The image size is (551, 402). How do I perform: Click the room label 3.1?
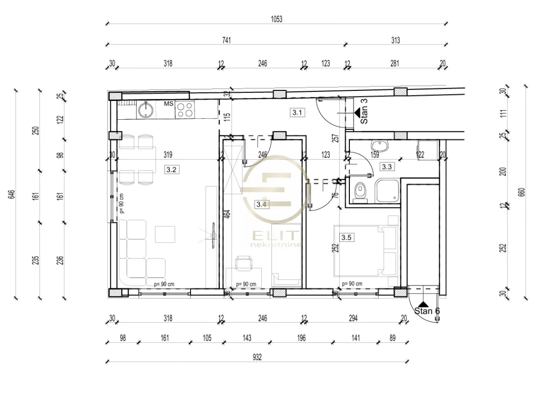pyautogui.click(x=298, y=112)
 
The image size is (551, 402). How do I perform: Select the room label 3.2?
pyautogui.click(x=171, y=169)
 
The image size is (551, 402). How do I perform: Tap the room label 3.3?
pyautogui.click(x=387, y=167)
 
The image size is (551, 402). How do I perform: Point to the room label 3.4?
pyautogui.click(x=262, y=204)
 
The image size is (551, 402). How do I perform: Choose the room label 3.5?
pyautogui.click(x=346, y=237)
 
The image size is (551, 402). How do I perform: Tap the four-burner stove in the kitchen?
pyautogui.click(x=185, y=109)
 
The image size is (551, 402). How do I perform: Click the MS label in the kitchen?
pyautogui.click(x=169, y=104)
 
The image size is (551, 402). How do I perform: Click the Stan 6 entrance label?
pyautogui.click(x=427, y=311)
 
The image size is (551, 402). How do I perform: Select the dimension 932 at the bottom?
pyautogui.click(x=257, y=357)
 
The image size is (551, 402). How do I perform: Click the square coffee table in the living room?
pyautogui.click(x=164, y=234)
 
